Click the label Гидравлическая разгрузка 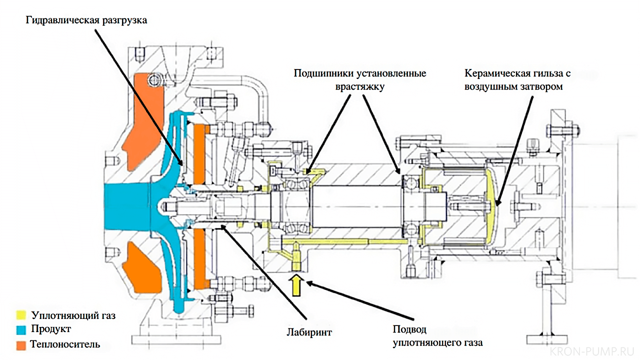click(87, 21)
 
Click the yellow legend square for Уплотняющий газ click(20, 315)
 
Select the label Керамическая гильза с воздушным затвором click(517, 79)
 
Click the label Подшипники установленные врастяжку click(360, 79)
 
